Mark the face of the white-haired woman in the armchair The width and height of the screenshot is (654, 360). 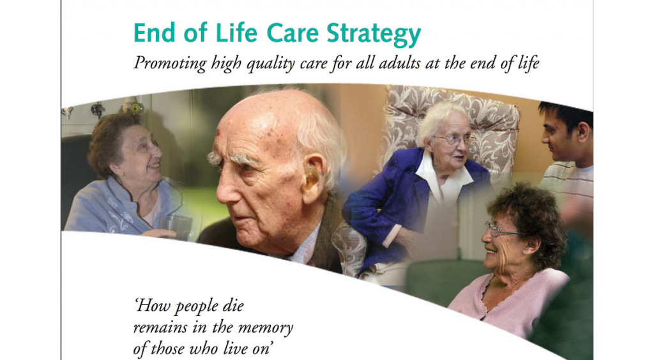pyautogui.click(x=452, y=141)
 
